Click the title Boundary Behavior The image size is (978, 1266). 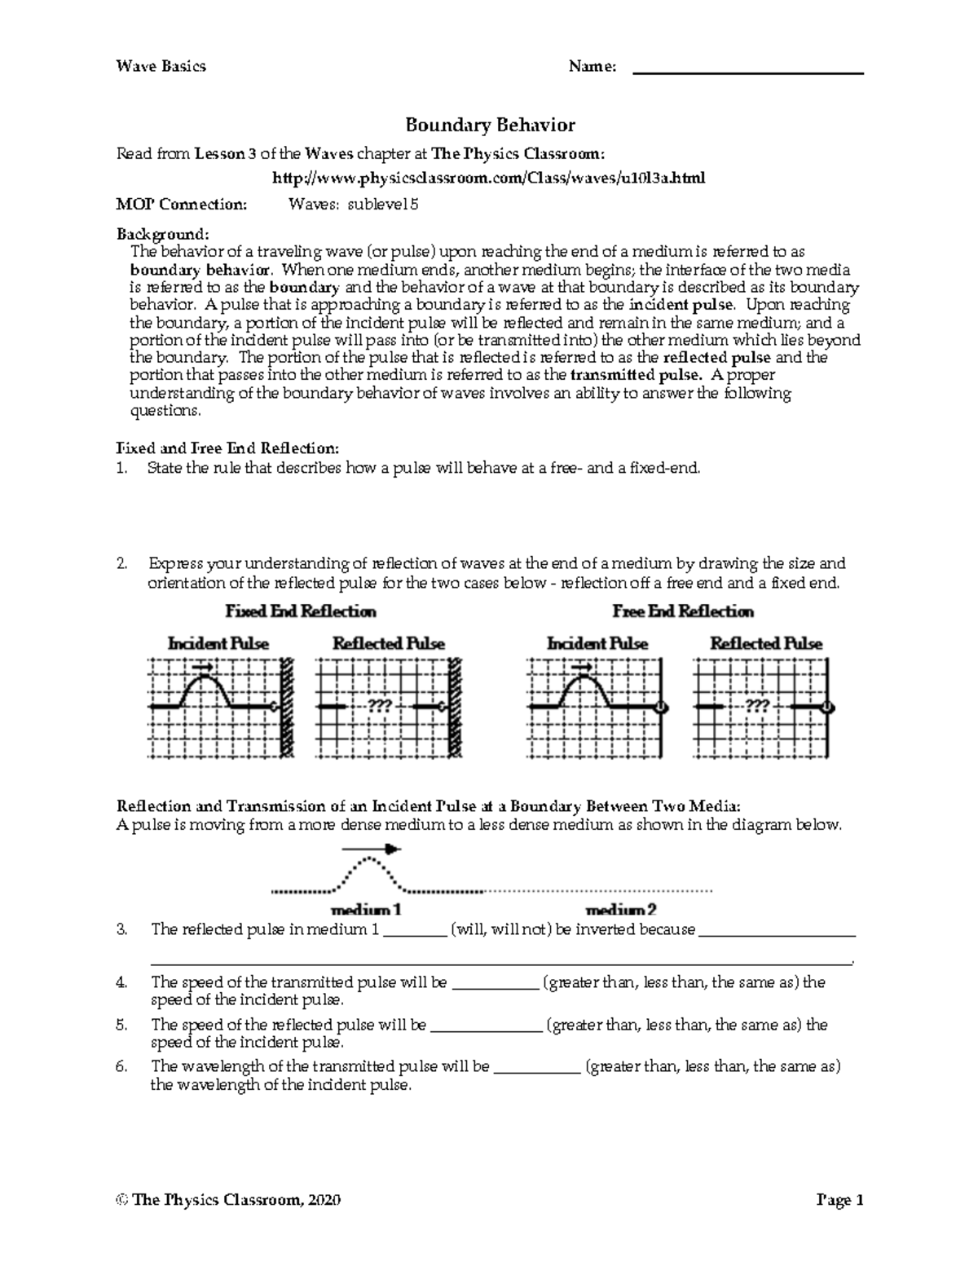click(x=490, y=125)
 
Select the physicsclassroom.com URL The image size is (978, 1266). click(x=489, y=178)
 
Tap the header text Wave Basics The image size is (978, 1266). click(x=161, y=66)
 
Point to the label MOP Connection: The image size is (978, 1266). click(x=181, y=205)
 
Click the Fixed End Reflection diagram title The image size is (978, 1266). click(x=301, y=611)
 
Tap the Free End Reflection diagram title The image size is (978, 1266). click(x=683, y=611)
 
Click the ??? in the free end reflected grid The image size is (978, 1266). click(x=757, y=706)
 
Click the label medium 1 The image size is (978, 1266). click(x=366, y=910)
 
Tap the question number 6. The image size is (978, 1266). click(x=122, y=1066)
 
